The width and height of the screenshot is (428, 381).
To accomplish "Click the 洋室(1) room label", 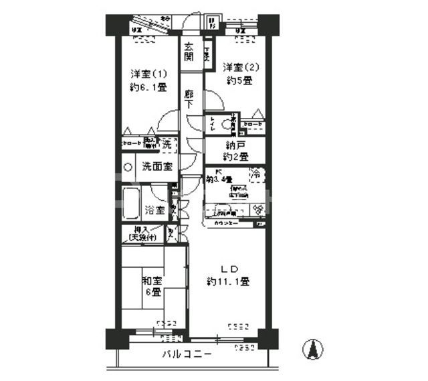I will [147, 74].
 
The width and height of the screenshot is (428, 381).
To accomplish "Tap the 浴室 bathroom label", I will [155, 210].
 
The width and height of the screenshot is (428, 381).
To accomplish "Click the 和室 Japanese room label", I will [151, 281].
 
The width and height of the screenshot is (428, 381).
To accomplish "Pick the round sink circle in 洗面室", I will [127, 167].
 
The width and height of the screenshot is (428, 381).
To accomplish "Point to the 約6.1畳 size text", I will [147, 87].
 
